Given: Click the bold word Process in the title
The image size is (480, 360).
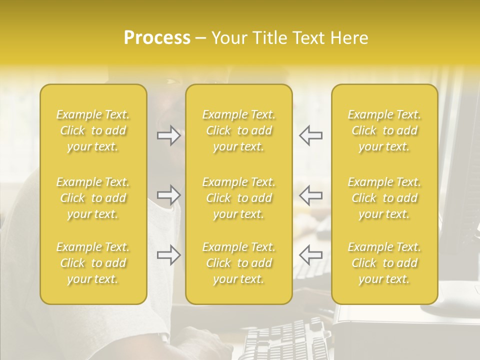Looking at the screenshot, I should (157, 38).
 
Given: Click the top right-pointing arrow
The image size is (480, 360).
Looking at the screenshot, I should (169, 135).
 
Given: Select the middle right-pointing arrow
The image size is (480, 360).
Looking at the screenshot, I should (169, 195).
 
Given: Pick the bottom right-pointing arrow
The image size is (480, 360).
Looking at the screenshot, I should (169, 255).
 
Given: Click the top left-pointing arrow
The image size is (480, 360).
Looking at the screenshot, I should (310, 135).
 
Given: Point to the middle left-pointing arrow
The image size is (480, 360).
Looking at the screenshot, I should (310, 195).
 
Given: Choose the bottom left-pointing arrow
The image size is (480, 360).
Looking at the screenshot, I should (310, 255).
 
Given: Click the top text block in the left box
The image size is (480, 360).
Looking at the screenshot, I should (93, 130).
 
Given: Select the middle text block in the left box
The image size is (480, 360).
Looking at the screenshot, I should (93, 198).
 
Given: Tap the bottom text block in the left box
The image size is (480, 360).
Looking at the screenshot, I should (93, 263).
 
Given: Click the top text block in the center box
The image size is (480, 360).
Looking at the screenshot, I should (239, 130).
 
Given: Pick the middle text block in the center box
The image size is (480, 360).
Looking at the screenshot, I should (239, 198).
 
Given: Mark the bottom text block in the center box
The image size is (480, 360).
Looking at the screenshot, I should (239, 263).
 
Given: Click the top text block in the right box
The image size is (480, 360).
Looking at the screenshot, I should (384, 130).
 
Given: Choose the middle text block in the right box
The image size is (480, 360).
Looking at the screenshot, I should (384, 198).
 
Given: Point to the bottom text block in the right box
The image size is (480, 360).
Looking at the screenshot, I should (384, 263).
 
